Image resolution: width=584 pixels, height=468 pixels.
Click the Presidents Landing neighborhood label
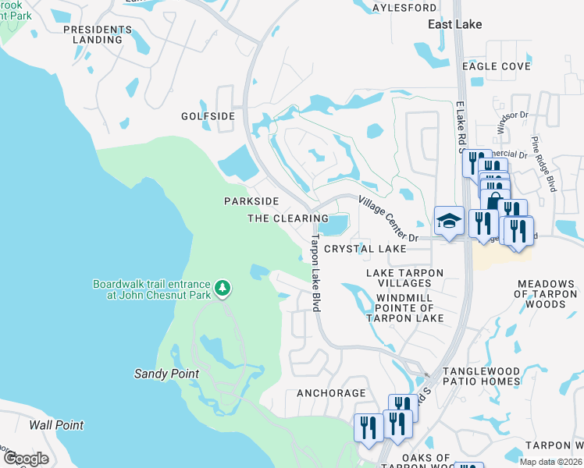[93, 34]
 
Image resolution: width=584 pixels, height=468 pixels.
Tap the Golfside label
[208, 116]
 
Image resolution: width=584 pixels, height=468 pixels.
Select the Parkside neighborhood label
[251, 201]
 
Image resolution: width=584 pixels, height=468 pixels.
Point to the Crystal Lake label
[365, 249]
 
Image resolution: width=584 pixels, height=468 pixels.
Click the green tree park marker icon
[223, 289]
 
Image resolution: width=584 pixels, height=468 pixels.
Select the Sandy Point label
[166, 374]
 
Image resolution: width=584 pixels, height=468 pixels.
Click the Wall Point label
[56, 425]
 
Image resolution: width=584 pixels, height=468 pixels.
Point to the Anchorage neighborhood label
[331, 393]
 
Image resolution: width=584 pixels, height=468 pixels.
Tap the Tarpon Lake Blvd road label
[316, 273]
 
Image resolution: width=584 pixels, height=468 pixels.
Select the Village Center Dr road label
[388, 218]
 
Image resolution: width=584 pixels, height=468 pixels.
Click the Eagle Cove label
[496, 67]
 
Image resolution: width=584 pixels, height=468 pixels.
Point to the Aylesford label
[404, 8]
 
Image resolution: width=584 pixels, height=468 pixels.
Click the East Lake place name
[455, 25]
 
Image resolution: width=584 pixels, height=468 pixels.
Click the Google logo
[26, 458]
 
